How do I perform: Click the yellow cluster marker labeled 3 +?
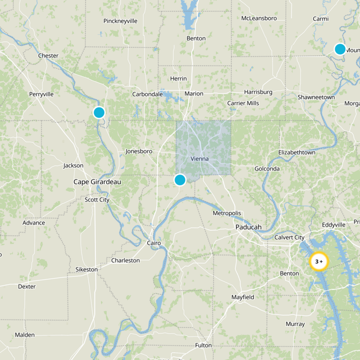click(x=319, y=261)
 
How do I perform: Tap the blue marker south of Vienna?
click(x=180, y=180)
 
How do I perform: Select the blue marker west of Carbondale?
click(x=99, y=112)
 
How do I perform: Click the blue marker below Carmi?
click(x=340, y=49)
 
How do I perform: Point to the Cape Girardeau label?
click(x=98, y=182)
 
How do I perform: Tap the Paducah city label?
click(x=248, y=227)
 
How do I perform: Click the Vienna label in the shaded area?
click(x=200, y=159)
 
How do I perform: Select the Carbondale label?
click(x=147, y=94)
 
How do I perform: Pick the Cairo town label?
click(x=153, y=243)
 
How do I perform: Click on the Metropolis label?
click(x=227, y=213)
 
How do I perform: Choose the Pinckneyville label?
click(x=120, y=21)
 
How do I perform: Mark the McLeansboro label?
click(x=259, y=18)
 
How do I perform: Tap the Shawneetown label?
click(x=316, y=97)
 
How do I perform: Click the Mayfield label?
click(x=243, y=297)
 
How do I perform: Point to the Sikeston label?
click(x=86, y=269)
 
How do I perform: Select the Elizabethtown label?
click(x=297, y=153)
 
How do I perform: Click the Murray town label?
click(x=295, y=324)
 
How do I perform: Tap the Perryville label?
click(x=41, y=94)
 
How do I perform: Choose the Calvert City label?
click(x=289, y=237)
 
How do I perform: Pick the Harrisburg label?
click(x=258, y=92)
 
